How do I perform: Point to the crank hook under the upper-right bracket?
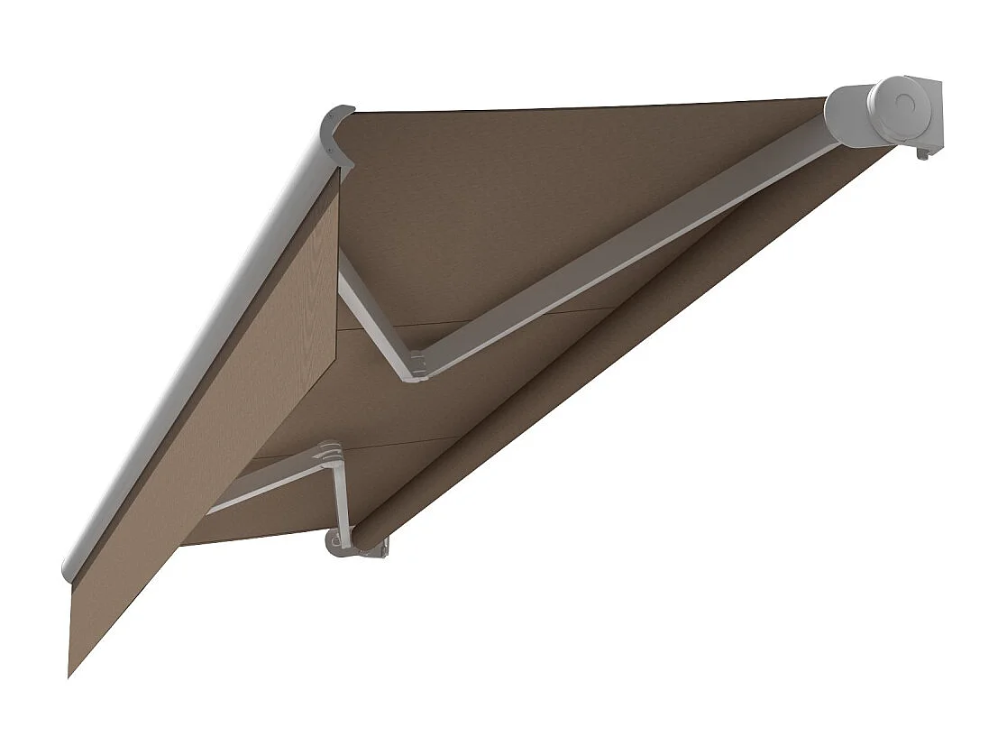pyautogui.click(x=922, y=154)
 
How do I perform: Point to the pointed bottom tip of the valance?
pyautogui.click(x=70, y=672)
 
